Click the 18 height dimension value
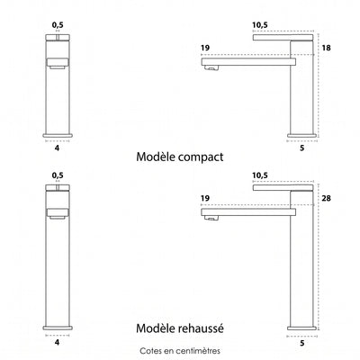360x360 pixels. (327, 48)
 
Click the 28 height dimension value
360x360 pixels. (327, 198)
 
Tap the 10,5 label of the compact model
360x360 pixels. (260, 25)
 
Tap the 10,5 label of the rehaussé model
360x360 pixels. (260, 175)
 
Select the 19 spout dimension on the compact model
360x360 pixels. (205, 48)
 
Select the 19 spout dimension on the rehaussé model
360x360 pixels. (205, 198)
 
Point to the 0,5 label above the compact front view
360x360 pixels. (58, 25)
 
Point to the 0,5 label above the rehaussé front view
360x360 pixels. (58, 175)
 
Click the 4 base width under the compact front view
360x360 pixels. (58, 148)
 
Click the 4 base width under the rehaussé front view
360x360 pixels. (58, 342)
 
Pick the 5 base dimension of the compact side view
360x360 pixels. (302, 148)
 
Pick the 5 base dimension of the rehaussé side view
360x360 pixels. (302, 343)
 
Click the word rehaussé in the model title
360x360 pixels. (202, 328)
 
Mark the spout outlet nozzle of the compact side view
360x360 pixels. (211, 68)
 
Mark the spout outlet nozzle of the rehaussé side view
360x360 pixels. (211, 218)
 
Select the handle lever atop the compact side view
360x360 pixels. (283, 38)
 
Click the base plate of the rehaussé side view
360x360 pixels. (302, 328)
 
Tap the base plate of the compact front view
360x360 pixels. (58, 135)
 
